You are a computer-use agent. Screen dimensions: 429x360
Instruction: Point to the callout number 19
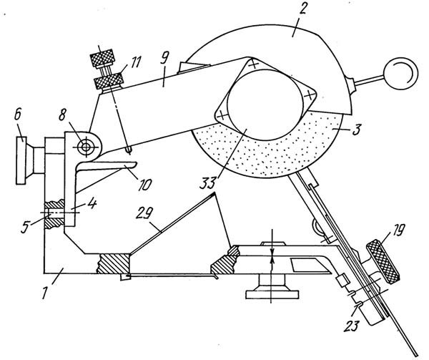click(x=398, y=230)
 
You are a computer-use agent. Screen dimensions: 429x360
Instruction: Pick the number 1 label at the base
click(x=45, y=291)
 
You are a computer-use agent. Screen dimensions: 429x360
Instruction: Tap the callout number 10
click(x=144, y=185)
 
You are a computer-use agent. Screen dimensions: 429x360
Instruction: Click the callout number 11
click(x=134, y=62)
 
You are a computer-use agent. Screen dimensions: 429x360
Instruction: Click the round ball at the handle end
click(x=401, y=74)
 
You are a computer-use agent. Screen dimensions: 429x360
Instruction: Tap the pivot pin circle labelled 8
click(x=86, y=147)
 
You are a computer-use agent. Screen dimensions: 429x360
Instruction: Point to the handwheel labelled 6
click(x=21, y=160)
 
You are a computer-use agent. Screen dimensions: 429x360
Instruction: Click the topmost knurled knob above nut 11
click(x=102, y=58)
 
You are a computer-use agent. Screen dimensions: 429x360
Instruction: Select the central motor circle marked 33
click(x=266, y=104)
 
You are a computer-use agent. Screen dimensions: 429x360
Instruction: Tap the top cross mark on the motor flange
click(x=254, y=64)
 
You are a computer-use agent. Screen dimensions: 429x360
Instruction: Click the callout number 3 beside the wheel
click(x=356, y=129)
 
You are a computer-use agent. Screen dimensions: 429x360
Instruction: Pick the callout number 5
click(x=25, y=227)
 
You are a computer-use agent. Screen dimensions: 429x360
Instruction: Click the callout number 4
click(x=92, y=203)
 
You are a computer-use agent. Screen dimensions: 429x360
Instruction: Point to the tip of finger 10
click(x=136, y=164)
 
